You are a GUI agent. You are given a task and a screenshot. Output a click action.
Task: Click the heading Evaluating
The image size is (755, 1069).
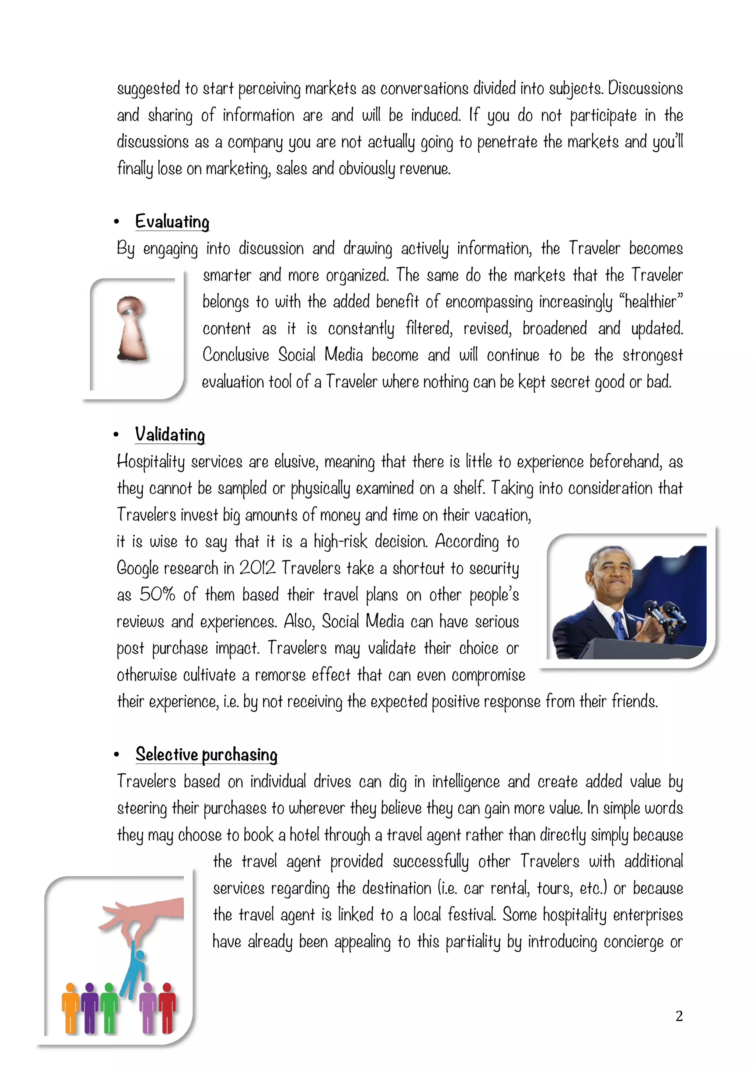point(172,222)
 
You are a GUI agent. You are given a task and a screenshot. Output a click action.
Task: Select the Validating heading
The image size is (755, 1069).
point(170,435)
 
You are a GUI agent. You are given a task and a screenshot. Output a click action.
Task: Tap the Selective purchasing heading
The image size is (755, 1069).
point(206,754)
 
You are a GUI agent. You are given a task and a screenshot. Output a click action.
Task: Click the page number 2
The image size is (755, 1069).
point(679,1016)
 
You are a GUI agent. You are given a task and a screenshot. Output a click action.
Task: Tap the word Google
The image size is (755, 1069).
point(138,568)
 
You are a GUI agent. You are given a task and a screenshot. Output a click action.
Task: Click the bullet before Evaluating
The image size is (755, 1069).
point(116,222)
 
